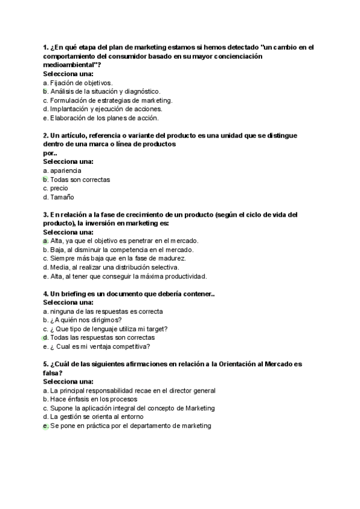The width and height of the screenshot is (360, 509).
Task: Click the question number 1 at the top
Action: click(x=46, y=47)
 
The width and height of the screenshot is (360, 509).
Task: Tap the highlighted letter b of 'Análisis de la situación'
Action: click(x=46, y=91)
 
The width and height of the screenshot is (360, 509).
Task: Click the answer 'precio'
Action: click(x=59, y=188)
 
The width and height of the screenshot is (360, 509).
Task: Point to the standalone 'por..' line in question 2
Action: click(x=50, y=153)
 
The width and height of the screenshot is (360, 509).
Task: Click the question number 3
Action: click(x=46, y=214)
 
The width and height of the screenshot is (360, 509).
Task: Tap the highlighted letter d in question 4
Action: click(x=46, y=337)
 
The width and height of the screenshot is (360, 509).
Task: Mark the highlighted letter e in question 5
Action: click(x=46, y=426)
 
